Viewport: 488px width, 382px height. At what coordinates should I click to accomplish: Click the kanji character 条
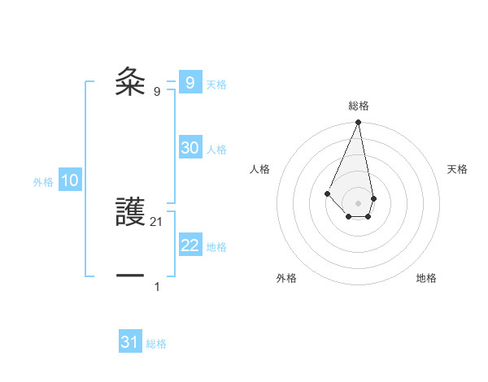(130, 81)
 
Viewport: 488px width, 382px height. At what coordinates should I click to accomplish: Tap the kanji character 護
(130, 212)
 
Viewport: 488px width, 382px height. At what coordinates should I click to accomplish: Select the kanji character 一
(130, 276)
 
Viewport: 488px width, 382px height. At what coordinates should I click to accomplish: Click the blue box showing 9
(190, 82)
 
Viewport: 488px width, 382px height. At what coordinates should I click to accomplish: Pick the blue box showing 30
(190, 148)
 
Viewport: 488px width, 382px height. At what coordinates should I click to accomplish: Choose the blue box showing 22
(190, 245)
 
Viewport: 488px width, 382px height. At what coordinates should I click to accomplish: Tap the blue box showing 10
(70, 181)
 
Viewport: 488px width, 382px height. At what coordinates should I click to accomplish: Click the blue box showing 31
(130, 342)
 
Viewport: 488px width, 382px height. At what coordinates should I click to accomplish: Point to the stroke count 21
(157, 221)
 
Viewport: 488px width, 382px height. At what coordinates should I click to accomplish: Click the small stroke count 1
(157, 286)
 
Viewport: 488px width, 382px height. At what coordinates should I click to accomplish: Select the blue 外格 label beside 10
(43, 182)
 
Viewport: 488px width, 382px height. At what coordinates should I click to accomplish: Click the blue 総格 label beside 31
(156, 344)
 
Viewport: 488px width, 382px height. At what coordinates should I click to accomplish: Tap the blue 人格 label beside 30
(216, 150)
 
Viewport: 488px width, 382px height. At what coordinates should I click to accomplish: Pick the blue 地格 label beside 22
(216, 247)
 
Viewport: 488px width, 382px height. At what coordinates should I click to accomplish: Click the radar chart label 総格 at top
(359, 106)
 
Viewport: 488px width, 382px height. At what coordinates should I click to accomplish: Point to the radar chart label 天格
(458, 169)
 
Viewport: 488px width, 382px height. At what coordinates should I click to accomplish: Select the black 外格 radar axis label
(286, 278)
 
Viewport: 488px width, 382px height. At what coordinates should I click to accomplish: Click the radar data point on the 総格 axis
(359, 122)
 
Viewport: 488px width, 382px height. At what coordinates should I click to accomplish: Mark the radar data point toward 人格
(327, 193)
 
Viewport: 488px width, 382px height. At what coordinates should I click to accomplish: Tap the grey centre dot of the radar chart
(359, 203)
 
